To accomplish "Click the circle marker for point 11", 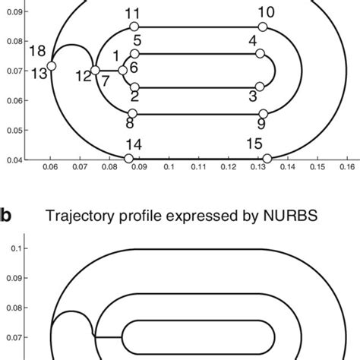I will point(132,27).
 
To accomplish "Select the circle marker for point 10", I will point(263,27).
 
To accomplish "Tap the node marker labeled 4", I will point(260,54).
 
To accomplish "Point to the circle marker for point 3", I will point(260,87).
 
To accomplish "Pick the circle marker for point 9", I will point(262,114).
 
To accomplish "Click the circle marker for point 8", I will point(131,114).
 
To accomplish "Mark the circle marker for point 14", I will point(133,158).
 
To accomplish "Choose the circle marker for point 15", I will point(267,158).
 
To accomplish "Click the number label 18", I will point(37,51).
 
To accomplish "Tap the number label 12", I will point(83,74).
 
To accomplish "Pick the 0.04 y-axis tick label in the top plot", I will point(14,159).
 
